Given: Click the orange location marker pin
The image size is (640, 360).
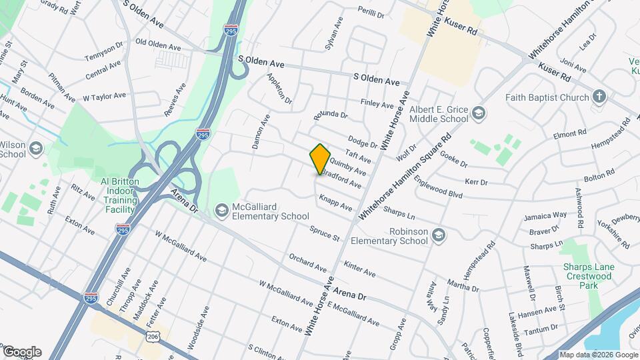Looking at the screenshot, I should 320,159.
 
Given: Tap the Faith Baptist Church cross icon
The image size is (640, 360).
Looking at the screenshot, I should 599,97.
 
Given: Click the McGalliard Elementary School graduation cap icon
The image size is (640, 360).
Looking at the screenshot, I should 221,211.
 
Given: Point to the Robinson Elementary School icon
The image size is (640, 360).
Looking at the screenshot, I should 438,235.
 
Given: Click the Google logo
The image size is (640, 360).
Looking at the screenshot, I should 21,352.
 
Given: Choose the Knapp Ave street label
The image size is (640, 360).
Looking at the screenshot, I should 335,202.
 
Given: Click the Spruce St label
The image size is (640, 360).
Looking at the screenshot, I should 325,233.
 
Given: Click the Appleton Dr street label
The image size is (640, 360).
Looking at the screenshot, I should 279,89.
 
